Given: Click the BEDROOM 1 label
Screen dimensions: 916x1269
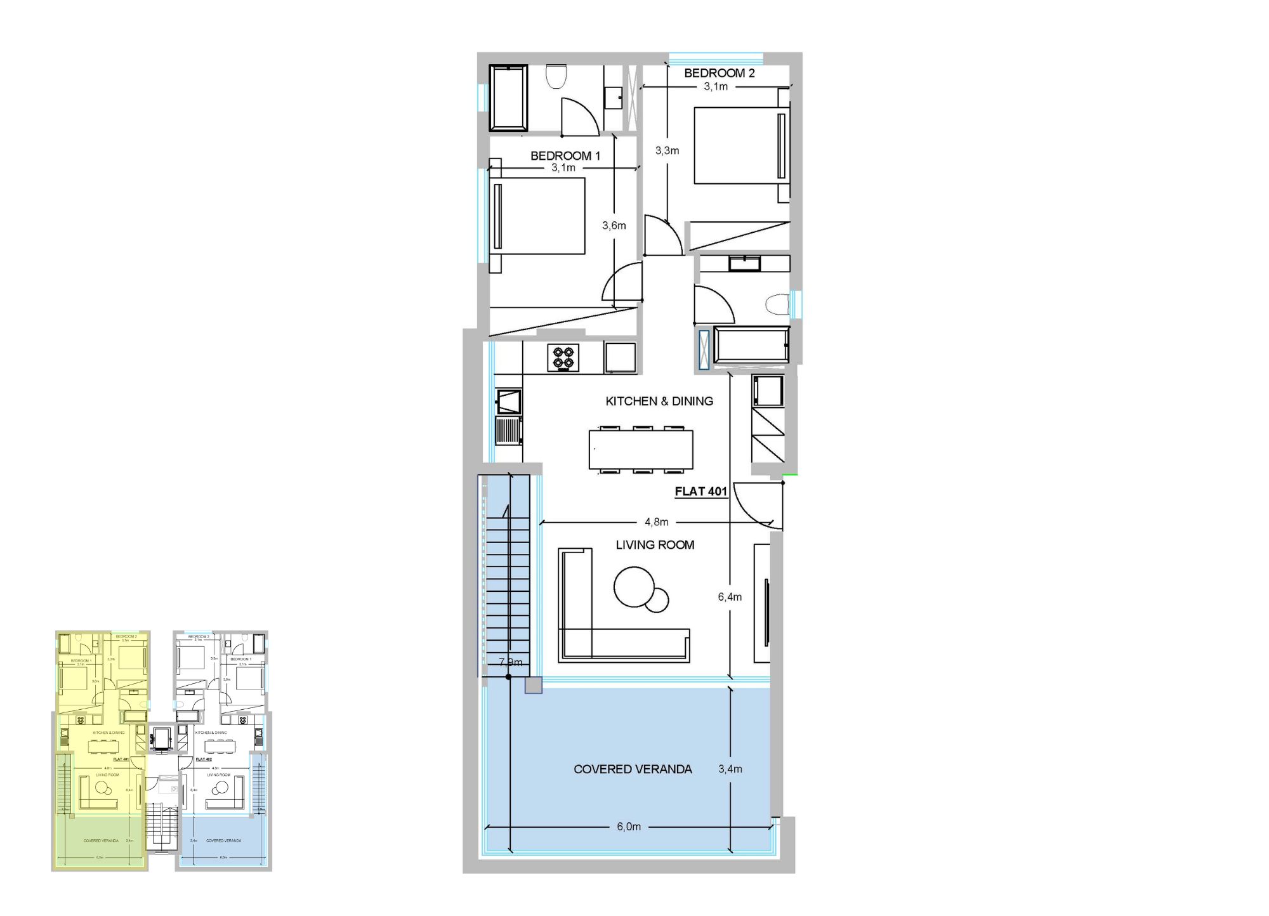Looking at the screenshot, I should click(565, 155).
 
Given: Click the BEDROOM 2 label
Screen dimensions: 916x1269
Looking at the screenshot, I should click(719, 73).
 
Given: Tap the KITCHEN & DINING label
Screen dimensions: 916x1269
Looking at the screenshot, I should click(659, 401).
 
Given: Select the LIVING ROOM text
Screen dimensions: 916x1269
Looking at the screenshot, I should click(655, 545).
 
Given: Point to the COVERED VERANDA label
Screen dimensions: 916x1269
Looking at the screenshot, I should click(633, 769).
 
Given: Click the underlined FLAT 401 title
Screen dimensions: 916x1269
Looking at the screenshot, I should click(700, 492).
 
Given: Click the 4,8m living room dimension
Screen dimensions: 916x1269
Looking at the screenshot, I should click(656, 522).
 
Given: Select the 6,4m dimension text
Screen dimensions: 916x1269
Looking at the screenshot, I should click(730, 597).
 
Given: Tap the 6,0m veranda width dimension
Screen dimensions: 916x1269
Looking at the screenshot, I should click(629, 827).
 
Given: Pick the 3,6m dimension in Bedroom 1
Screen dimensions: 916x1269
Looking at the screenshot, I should click(614, 225).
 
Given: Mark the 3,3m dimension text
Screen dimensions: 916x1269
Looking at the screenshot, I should click(667, 150).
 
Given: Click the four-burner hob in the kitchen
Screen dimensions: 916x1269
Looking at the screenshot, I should click(563, 358).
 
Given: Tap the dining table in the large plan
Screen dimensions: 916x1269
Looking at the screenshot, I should click(641, 450).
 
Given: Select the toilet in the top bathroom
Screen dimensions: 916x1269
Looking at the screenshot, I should click(556, 77).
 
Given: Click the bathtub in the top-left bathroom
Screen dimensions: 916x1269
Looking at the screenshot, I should click(508, 98).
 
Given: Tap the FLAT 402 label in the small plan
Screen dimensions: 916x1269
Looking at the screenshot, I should click(204, 759).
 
